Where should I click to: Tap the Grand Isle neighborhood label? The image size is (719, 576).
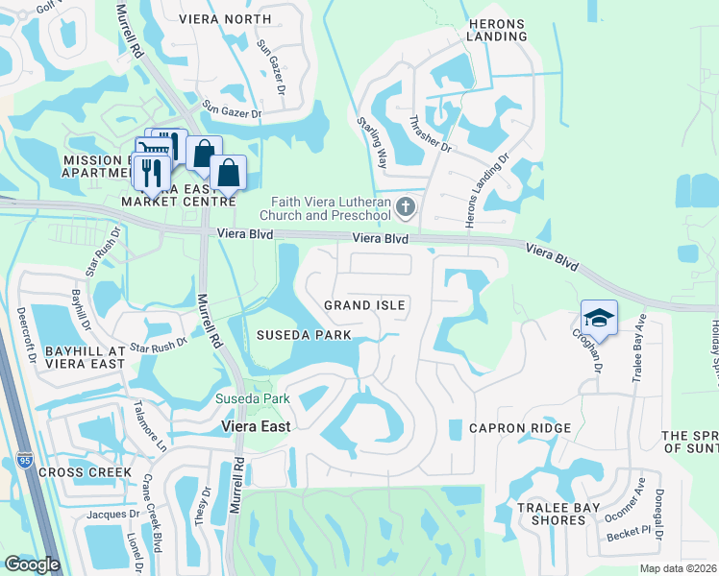click(x=364, y=305)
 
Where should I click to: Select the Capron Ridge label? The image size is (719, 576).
click(x=520, y=428)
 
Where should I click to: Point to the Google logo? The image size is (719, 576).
click(x=32, y=564)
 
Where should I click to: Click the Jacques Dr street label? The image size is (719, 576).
click(x=107, y=516)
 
